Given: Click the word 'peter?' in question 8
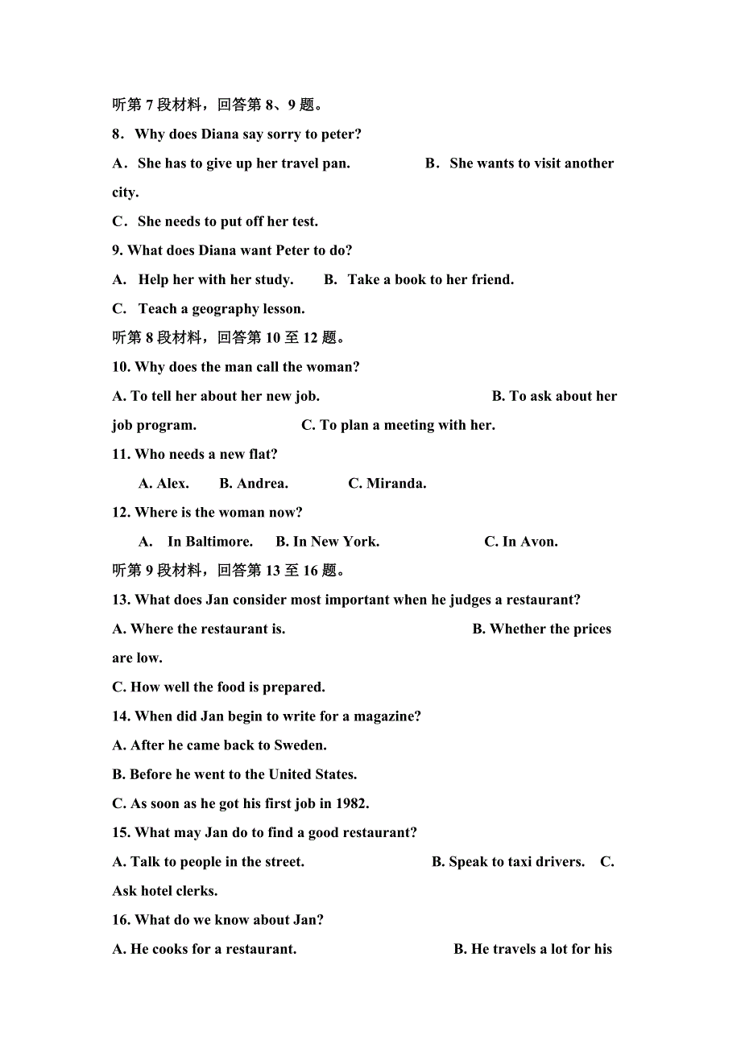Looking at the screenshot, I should point(342,134).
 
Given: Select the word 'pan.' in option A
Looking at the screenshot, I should point(336,163).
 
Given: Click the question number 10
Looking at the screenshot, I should point(121,367).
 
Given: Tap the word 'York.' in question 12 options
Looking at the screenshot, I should point(362,542).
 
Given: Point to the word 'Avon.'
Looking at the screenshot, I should point(539,542).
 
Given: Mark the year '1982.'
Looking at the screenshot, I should point(351,803).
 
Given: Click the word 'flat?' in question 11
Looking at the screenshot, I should point(260,455).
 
